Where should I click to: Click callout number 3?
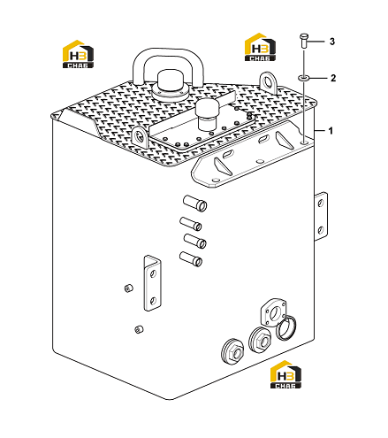coord(332,42)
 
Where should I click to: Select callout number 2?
coord(333,78)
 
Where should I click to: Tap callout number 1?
coord(331,131)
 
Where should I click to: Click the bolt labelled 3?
coord(304,41)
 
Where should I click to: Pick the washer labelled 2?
coord(303,78)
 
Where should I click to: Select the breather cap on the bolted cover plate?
coord(209,113)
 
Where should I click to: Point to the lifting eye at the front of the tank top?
coord(141,136)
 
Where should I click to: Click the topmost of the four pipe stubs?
coord(195,204)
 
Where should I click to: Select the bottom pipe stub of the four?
coord(191,259)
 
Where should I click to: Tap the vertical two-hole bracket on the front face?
coord(153,283)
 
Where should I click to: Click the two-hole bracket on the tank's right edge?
coord(321,216)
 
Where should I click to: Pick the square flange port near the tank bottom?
coord(273,312)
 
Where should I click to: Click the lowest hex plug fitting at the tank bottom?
coord(233,351)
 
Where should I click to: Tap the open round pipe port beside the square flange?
coord(286,327)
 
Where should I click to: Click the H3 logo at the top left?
coord(78,54)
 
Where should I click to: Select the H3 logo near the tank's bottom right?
coord(285,374)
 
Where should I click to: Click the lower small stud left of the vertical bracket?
coord(139,329)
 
